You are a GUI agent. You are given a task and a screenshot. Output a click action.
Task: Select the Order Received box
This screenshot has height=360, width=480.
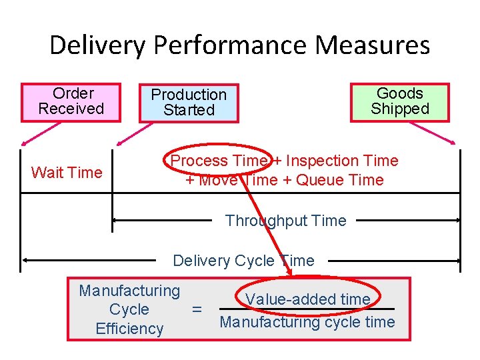coord(71,101)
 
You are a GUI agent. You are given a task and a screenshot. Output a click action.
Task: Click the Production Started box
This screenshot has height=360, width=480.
coord(189,103)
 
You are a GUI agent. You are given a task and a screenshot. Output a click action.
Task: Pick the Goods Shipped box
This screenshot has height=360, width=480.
coord(400,101)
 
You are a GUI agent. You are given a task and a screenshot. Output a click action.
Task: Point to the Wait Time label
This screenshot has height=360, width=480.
coord(67,173)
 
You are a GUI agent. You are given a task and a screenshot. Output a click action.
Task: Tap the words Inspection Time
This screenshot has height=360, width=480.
coord(342,161)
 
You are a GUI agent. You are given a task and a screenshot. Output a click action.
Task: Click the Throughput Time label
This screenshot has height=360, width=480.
coord(286,221)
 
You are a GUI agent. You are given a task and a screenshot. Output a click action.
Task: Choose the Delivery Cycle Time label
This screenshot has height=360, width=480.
coord(243,261)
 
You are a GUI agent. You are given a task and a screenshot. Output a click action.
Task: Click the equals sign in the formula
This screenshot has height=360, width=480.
coord(197,309)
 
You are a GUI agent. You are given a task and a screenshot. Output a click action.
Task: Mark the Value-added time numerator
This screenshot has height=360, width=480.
coord(308,299)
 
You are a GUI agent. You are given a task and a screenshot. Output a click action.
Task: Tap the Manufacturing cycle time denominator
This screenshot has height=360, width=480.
coord(307,323)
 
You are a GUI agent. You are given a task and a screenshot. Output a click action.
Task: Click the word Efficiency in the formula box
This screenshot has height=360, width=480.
coord(129,329)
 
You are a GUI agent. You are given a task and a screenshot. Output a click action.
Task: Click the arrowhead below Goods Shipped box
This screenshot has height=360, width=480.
coord(455,142)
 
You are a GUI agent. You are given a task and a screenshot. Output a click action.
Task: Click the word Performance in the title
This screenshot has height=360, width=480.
coord(231,45)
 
